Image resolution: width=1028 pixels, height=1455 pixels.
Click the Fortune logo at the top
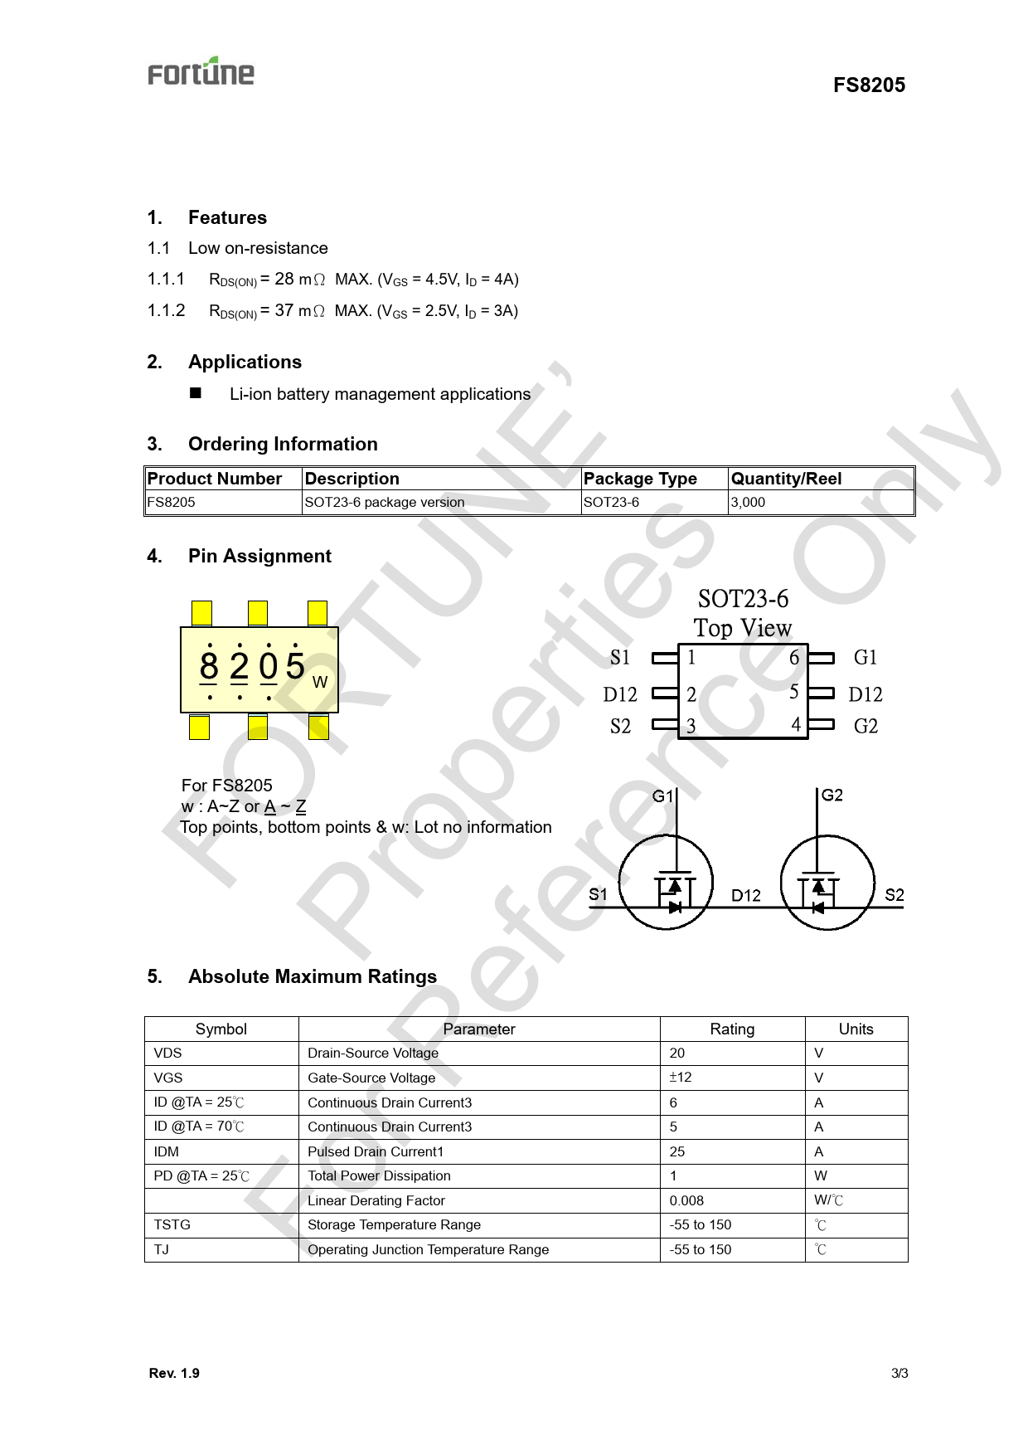click(201, 72)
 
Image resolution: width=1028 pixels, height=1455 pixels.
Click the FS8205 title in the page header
click(869, 85)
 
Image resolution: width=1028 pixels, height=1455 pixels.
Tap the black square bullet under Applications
click(196, 393)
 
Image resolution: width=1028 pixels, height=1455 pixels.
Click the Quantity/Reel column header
click(786, 479)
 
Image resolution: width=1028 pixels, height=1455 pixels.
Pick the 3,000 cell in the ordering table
click(748, 502)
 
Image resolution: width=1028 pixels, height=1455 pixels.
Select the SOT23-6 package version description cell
click(385, 502)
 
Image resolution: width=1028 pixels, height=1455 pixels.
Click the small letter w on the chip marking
click(320, 682)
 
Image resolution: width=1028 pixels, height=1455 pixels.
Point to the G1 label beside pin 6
click(865, 658)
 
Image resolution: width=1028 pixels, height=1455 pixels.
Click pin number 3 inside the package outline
click(691, 727)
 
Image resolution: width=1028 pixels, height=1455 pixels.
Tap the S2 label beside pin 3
click(620, 727)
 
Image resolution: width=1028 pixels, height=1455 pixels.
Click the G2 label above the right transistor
click(832, 795)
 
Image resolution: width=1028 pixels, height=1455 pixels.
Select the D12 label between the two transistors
click(746, 895)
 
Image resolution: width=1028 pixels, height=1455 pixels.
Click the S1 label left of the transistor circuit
click(598, 894)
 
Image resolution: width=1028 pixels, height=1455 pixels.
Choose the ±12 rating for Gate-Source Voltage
click(681, 1078)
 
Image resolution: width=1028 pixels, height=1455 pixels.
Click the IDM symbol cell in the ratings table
click(167, 1151)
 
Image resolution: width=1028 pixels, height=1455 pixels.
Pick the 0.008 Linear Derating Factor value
click(686, 1200)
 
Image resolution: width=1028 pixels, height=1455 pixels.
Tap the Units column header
click(856, 1029)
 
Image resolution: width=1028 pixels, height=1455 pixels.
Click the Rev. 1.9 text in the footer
click(174, 1373)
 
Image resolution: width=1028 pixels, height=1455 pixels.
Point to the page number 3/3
click(899, 1373)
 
